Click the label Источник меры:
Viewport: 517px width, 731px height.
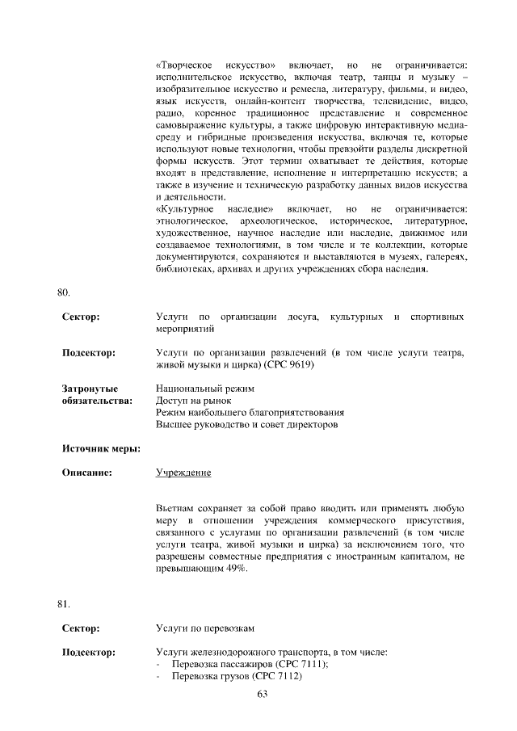coord(102,447)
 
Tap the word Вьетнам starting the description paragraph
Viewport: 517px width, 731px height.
coord(176,508)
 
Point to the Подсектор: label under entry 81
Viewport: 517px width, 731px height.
coord(89,651)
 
